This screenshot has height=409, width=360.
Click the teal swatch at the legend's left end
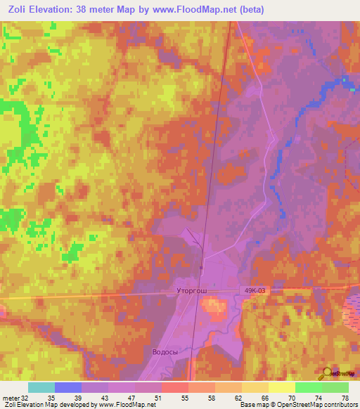pyautogui.click(x=41, y=387)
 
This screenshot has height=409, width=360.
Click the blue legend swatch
pyautogui.click(x=68, y=387)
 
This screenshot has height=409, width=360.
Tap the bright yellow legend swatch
pyautogui.click(x=281, y=387)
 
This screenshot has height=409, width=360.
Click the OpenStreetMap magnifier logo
pyautogui.click(x=328, y=375)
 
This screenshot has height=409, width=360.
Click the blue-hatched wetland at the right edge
pyautogui.click(x=352, y=309)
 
